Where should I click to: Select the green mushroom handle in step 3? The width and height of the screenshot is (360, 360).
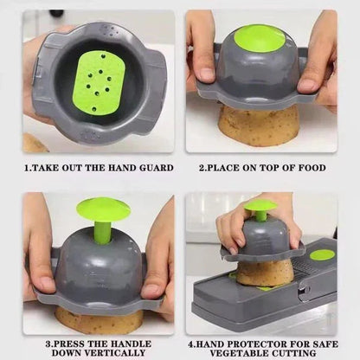[104, 213]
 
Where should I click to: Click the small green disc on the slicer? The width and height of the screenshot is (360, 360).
[322, 254]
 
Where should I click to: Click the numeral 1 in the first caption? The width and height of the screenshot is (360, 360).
[26, 167]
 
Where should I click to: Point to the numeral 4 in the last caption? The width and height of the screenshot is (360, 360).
[202, 344]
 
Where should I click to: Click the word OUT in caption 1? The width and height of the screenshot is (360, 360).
[71, 167]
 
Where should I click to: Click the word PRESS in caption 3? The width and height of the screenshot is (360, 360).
[67, 344]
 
